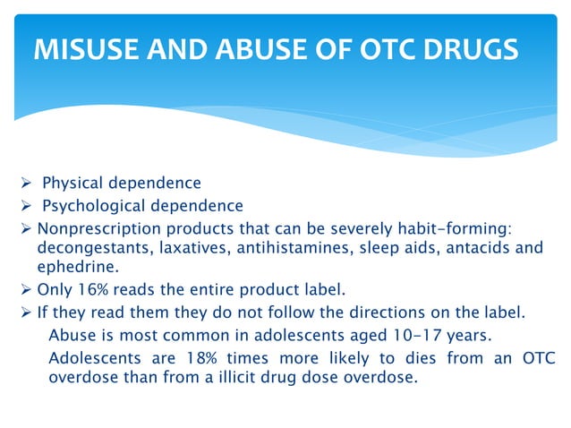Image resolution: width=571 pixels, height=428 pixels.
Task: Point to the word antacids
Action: (476, 248)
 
